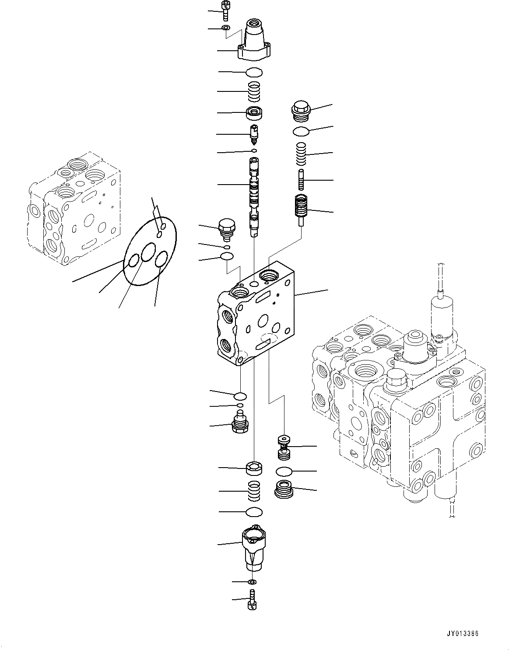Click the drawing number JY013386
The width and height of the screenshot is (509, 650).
(463, 633)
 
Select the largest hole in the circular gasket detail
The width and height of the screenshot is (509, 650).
(149, 253)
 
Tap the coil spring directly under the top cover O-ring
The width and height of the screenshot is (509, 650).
(254, 91)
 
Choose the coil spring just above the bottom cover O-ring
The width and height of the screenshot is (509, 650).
(254, 491)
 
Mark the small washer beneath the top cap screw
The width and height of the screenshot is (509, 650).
(226, 28)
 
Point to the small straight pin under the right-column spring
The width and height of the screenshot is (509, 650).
(301, 179)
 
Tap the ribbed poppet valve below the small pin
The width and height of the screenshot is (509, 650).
(300, 208)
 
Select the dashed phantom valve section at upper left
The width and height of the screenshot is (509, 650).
(74, 208)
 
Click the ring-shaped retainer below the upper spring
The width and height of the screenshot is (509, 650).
(254, 113)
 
